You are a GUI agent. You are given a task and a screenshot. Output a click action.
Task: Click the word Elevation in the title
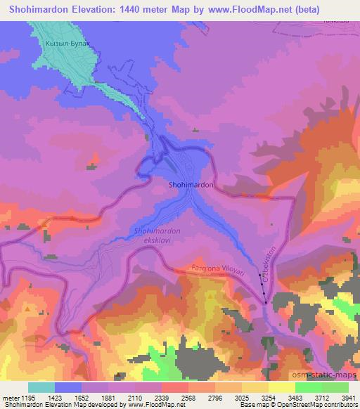[91, 8]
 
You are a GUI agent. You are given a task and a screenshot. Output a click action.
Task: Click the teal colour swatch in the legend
[41, 387]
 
